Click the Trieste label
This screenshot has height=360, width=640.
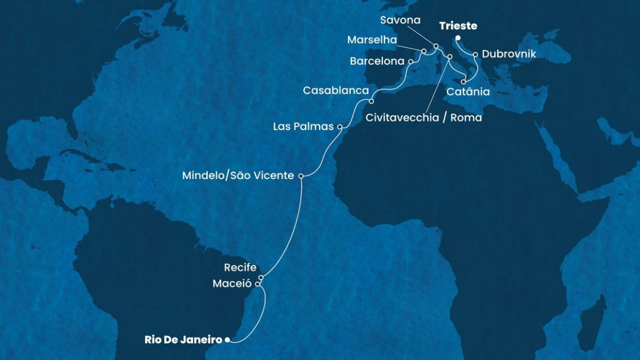click(458, 26)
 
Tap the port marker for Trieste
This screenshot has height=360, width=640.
click(458, 38)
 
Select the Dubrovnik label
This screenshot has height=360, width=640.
click(508, 55)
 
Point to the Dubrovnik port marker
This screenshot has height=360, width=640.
click(475, 55)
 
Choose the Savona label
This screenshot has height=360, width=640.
click(401, 20)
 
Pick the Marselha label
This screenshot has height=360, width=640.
click(372, 40)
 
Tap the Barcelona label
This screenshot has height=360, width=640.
click(377, 62)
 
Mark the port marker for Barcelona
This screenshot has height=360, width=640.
click(411, 62)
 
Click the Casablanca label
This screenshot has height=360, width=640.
click(335, 90)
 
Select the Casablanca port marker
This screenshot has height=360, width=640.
click(371, 101)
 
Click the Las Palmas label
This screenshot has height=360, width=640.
click(303, 127)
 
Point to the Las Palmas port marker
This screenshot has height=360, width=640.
click(340, 127)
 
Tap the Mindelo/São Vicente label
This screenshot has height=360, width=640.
click(238, 176)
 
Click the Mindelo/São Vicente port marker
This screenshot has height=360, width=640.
click(301, 176)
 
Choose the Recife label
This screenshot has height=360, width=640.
click(240, 268)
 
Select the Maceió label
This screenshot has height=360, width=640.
click(232, 284)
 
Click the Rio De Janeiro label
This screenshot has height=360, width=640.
click(183, 340)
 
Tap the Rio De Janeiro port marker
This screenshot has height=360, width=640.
click(227, 340)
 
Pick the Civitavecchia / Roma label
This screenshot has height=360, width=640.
click(424, 117)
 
